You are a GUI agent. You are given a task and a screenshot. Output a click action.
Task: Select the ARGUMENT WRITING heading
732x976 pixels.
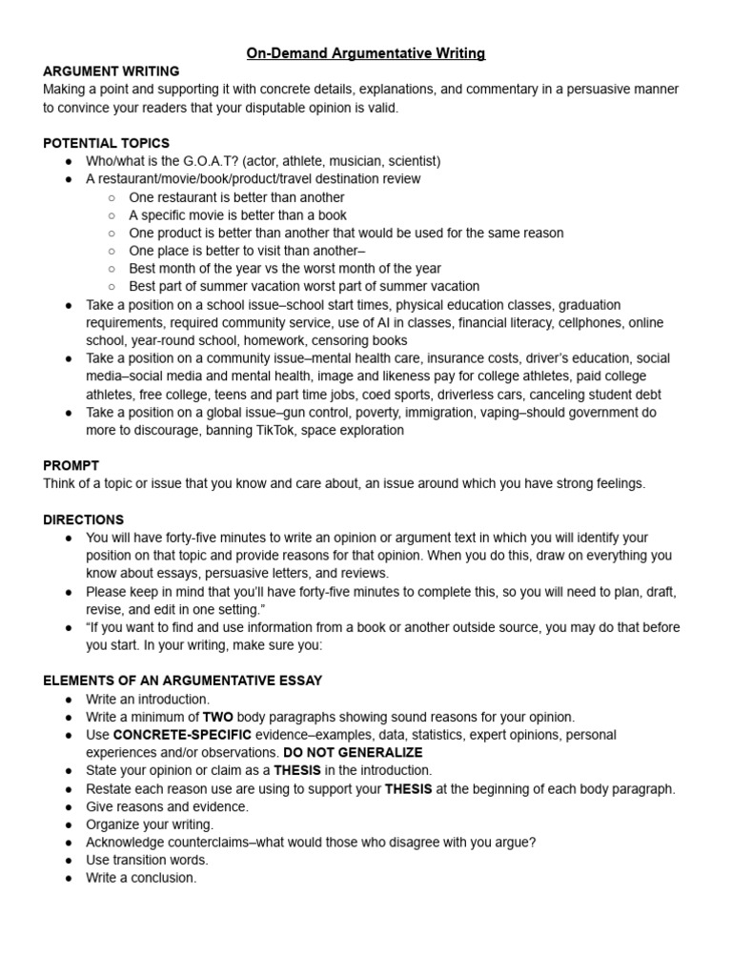click(x=111, y=71)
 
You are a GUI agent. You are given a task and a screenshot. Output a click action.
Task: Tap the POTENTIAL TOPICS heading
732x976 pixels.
click(x=106, y=143)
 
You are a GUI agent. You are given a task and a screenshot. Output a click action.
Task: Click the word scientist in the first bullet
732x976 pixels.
click(x=410, y=161)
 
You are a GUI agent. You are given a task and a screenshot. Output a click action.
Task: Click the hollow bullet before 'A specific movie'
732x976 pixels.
click(x=112, y=215)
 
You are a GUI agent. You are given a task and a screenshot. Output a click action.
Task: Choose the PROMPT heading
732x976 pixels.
click(x=71, y=465)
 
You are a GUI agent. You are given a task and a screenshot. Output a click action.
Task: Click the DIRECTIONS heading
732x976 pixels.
click(x=83, y=519)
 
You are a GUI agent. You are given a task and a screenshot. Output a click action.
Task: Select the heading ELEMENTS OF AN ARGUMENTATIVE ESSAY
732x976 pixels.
click(x=183, y=681)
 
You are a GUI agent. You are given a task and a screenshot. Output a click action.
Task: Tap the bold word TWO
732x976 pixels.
click(x=215, y=717)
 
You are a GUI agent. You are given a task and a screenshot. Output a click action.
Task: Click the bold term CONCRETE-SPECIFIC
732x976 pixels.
click(x=182, y=735)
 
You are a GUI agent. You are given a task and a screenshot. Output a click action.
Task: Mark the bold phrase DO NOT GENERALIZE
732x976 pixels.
click(x=353, y=752)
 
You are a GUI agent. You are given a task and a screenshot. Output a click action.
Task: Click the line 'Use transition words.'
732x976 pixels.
click(x=147, y=860)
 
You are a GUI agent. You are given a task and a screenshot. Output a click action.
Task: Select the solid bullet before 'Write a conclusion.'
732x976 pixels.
click(x=69, y=879)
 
